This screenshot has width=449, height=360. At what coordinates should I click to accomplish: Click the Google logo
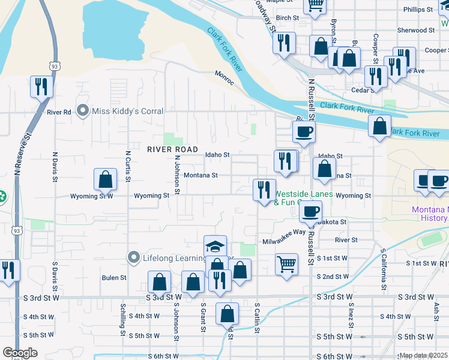pos(20,353)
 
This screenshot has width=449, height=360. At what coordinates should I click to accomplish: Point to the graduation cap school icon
pos(215,247)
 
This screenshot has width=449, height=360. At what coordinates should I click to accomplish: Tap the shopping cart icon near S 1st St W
pos(286,263)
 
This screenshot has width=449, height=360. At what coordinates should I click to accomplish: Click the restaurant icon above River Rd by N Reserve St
pos(41,86)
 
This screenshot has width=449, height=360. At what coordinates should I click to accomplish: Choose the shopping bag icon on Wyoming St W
pos(106,179)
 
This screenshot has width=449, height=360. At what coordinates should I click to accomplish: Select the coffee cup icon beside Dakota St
pos(310,211)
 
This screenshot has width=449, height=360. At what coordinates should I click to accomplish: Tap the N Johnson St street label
pos(178,176)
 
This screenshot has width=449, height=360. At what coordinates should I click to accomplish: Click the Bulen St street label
pos(114,278)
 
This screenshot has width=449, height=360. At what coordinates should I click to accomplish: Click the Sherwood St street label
pos(416,30)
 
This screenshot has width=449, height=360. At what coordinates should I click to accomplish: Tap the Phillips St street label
pos(418,10)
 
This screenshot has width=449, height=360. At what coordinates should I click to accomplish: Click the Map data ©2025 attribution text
pos(423,356)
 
